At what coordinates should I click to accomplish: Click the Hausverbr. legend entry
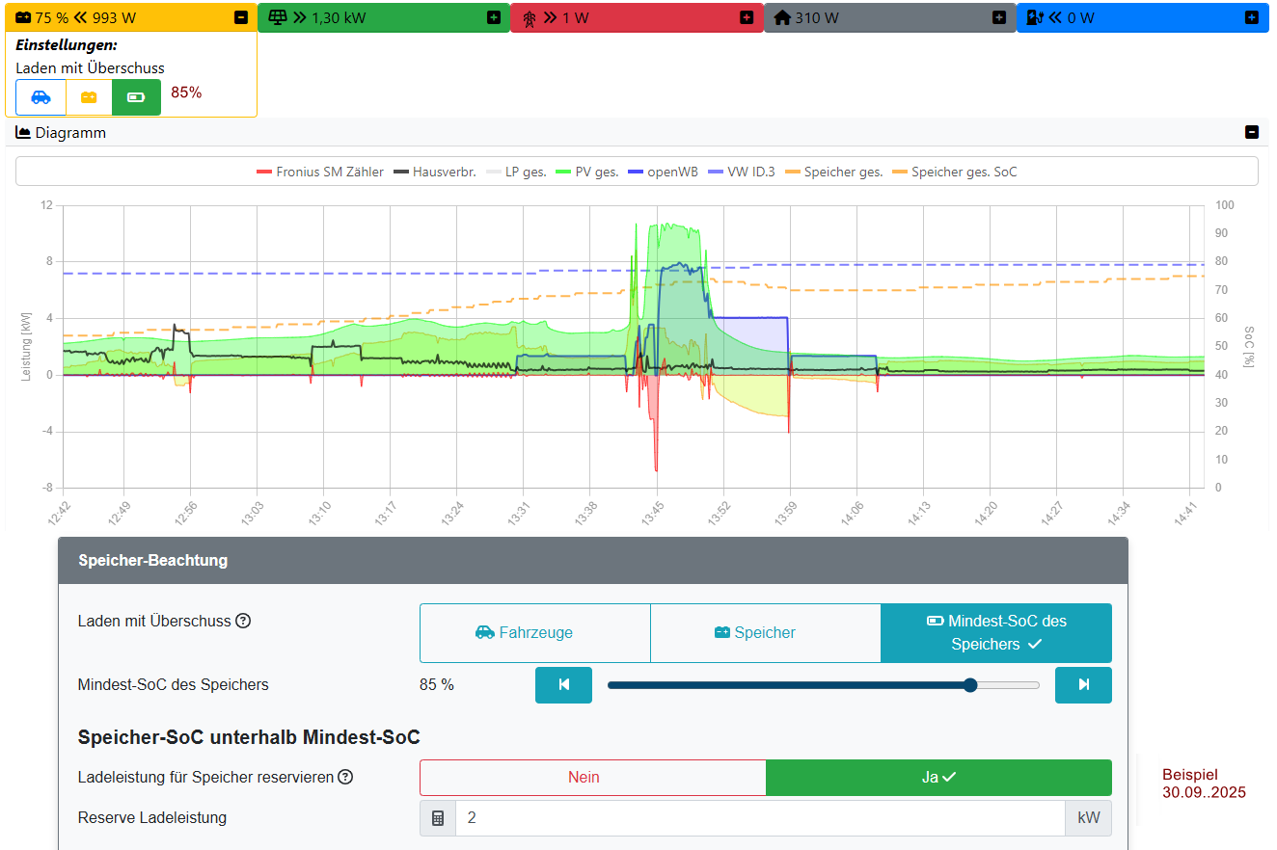435,173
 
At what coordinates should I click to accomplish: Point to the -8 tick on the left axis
45,488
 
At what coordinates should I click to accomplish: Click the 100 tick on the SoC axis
1224,205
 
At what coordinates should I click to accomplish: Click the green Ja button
938,778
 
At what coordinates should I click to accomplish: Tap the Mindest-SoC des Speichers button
996,633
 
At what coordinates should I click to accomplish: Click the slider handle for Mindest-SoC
970,685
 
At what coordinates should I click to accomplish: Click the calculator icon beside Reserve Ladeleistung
438,818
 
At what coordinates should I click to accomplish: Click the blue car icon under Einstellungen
41,97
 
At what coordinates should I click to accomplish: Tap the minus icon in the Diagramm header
1252,133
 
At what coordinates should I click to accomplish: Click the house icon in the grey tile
782,17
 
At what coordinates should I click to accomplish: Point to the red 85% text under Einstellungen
186,93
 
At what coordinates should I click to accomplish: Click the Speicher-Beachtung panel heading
153,560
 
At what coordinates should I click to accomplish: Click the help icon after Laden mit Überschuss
243,622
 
